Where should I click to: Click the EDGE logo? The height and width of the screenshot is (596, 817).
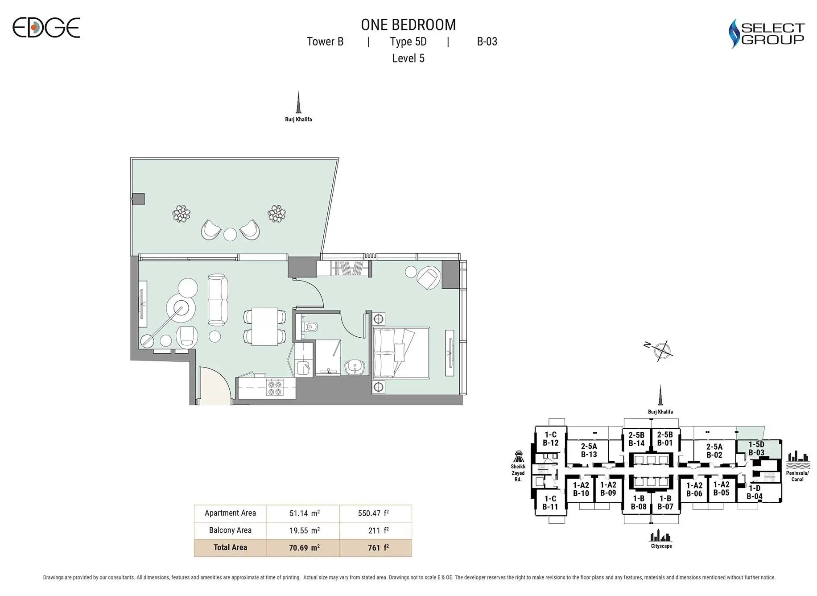tap(46, 28)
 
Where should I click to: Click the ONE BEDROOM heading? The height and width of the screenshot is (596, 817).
tap(408, 25)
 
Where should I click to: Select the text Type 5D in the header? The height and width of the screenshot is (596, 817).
tap(408, 41)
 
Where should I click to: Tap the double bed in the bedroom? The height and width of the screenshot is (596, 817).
tap(400, 353)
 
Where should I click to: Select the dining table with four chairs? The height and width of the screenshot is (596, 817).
tap(264, 327)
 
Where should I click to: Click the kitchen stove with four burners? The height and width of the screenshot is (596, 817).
tap(274, 387)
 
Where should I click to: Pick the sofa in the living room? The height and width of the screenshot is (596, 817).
tap(218, 300)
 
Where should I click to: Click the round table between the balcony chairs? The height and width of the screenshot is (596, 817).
tap(230, 234)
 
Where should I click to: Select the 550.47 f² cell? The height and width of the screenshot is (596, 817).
tap(374, 513)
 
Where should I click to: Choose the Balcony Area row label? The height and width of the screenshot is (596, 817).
tap(230, 530)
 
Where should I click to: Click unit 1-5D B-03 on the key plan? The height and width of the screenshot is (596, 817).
tap(756, 448)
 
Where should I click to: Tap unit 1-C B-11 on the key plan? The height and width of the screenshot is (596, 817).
tap(550, 503)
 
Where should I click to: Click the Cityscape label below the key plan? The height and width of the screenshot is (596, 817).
tap(661, 546)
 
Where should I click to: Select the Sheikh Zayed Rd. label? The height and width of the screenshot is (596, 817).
tap(518, 473)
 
